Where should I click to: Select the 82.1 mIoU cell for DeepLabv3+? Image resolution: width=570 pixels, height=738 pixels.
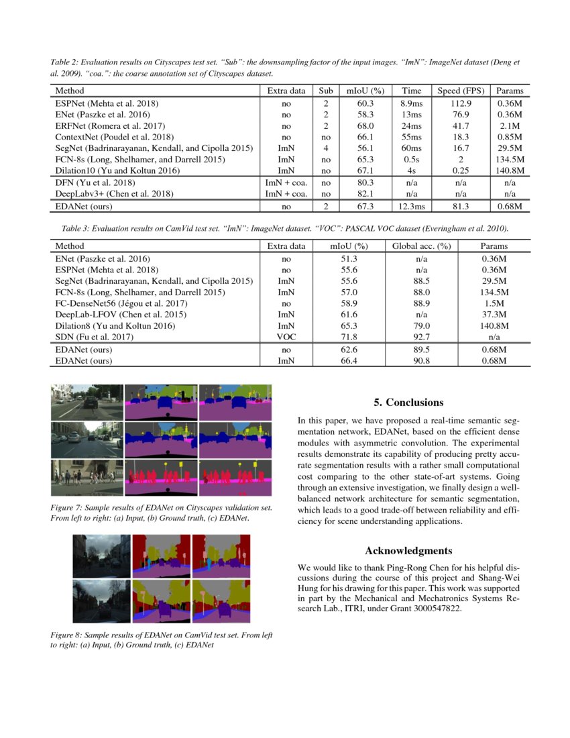pyautogui.click(x=365, y=193)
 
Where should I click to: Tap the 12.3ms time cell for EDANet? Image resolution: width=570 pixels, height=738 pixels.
pyautogui.click(x=410, y=207)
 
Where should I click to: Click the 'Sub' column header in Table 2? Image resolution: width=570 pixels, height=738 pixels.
pyautogui.click(x=326, y=91)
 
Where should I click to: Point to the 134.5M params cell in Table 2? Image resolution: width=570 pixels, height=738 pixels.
pyautogui.click(x=509, y=160)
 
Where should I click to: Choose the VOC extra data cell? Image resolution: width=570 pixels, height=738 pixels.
pyautogui.click(x=286, y=337)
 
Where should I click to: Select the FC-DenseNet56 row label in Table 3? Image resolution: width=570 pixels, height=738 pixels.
pyautogui.click(x=120, y=303)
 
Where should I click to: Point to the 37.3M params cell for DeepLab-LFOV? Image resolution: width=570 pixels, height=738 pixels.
pyautogui.click(x=494, y=314)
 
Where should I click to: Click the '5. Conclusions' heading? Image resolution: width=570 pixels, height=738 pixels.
pyautogui.click(x=408, y=403)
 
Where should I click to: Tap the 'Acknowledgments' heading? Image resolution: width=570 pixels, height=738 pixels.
pyautogui.click(x=408, y=551)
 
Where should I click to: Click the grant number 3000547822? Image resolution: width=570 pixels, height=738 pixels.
pyautogui.click(x=433, y=609)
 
